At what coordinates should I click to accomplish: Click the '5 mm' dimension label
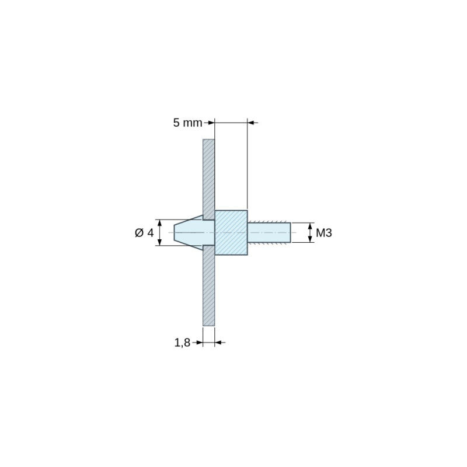pyautogui.click(x=187, y=123)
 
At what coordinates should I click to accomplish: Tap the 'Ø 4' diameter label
pyautogui.click(x=144, y=232)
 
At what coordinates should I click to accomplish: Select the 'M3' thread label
pyautogui.click(x=324, y=232)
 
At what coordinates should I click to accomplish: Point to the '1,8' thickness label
pyautogui.click(x=182, y=343)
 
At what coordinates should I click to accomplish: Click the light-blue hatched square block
pyautogui.click(x=231, y=232)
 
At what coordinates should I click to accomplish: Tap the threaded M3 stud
pyautogui.click(x=269, y=232)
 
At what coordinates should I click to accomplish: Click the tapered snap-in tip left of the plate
pyautogui.click(x=189, y=232)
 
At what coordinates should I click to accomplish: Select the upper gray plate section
pyautogui.click(x=209, y=180)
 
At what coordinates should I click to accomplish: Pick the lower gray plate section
pyautogui.click(x=209, y=285)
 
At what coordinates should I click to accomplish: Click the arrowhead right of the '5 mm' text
pyautogui.click(x=211, y=123)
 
